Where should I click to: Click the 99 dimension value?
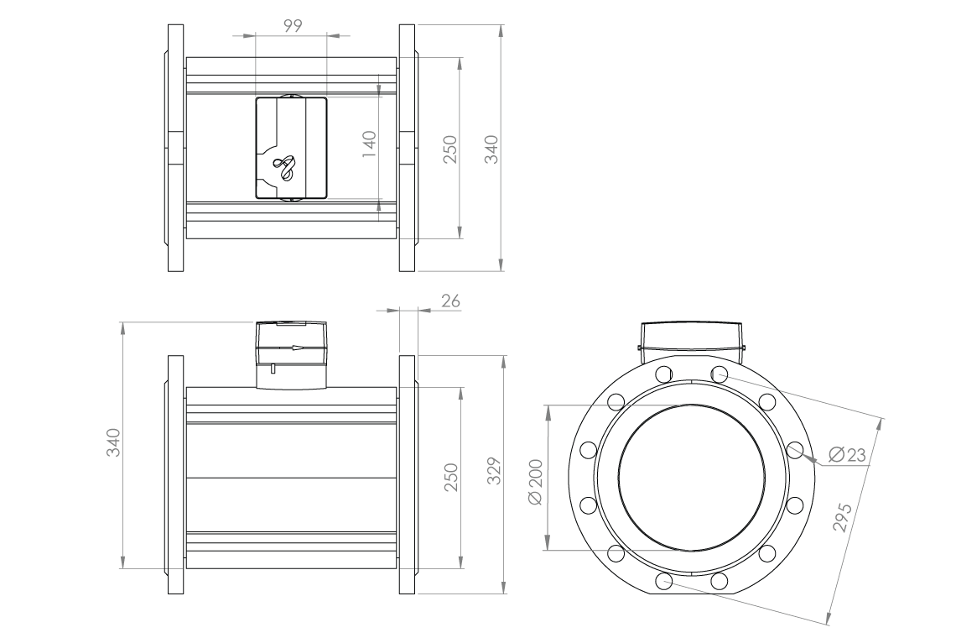click(x=293, y=26)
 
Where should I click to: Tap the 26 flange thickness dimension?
click(x=450, y=301)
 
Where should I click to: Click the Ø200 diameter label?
click(x=538, y=481)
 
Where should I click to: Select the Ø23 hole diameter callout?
click(x=846, y=455)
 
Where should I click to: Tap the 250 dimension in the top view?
click(x=449, y=149)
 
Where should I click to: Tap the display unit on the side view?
click(x=290, y=353)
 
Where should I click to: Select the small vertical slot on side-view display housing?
click(x=273, y=367)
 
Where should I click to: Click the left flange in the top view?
click(x=175, y=148)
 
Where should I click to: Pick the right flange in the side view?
click(x=407, y=475)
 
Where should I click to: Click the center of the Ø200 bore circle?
click(x=692, y=478)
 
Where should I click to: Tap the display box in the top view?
click(x=290, y=148)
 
